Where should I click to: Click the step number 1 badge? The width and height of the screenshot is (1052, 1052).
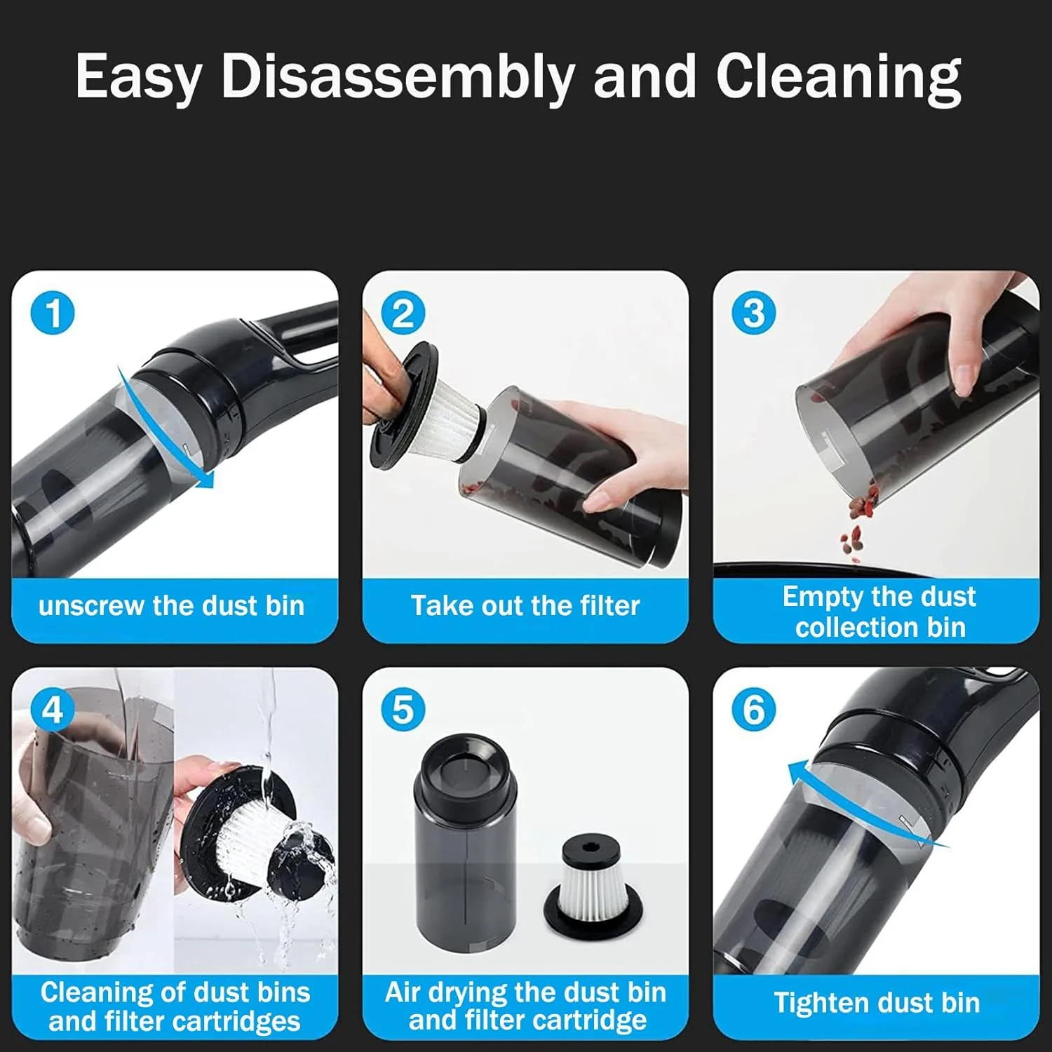pyautogui.click(x=53, y=313)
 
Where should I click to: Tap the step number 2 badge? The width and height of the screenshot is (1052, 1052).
pyautogui.click(x=403, y=313)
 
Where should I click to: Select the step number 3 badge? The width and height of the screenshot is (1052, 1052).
pyautogui.click(x=754, y=313)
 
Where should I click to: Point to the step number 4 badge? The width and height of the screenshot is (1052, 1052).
pyautogui.click(x=53, y=710)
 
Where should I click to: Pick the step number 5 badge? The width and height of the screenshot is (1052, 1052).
pyautogui.click(x=403, y=710)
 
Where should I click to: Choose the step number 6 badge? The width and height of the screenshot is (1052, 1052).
pyautogui.click(x=754, y=710)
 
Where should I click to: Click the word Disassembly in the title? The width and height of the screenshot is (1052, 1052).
pyautogui.click(x=398, y=77)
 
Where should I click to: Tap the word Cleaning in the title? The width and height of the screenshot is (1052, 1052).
pyautogui.click(x=838, y=77)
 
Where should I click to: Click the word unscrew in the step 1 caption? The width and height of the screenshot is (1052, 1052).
pyautogui.click(x=92, y=606)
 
